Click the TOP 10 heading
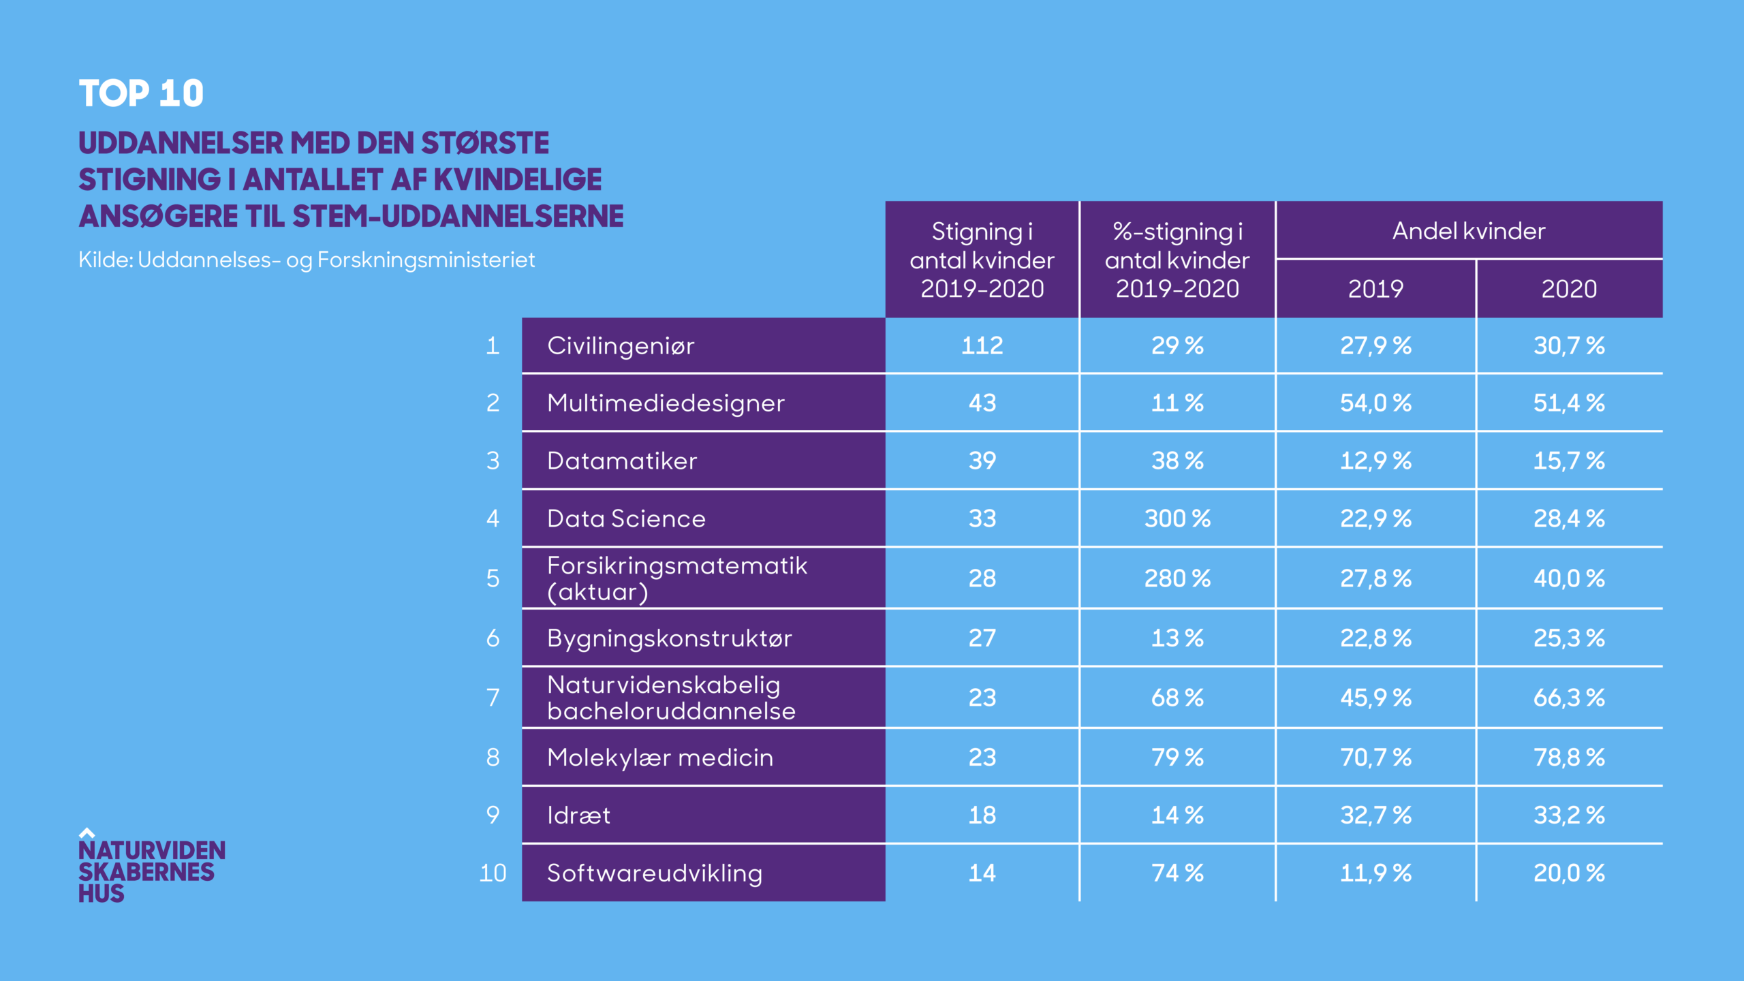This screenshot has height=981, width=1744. [x=141, y=93]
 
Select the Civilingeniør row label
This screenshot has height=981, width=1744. [x=621, y=346]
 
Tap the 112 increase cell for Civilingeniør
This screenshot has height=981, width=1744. [x=982, y=346]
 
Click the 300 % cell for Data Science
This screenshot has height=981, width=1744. [x=1177, y=519]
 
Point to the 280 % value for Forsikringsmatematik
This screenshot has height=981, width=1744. [x=1177, y=578]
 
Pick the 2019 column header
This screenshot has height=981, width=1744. [x=1375, y=289]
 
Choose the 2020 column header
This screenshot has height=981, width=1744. [x=1569, y=289]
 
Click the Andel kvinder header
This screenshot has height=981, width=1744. [x=1469, y=231]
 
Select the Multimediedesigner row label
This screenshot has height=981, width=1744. [x=666, y=403]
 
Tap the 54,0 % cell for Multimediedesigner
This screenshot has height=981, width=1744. [x=1375, y=403]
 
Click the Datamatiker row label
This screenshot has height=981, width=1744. [x=622, y=461]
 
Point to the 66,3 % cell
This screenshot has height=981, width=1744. [x=1569, y=698]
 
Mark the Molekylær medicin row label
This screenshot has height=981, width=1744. [x=660, y=758]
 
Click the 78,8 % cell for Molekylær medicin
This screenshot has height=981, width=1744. [x=1569, y=758]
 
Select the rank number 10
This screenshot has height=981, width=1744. [x=493, y=873]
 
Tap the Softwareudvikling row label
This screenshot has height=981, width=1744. [x=655, y=873]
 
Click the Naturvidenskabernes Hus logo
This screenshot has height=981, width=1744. [x=151, y=867]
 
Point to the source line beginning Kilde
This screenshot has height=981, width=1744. [x=307, y=260]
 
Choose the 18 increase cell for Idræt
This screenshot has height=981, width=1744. [x=982, y=815]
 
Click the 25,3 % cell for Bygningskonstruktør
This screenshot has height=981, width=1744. [x=1569, y=638]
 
